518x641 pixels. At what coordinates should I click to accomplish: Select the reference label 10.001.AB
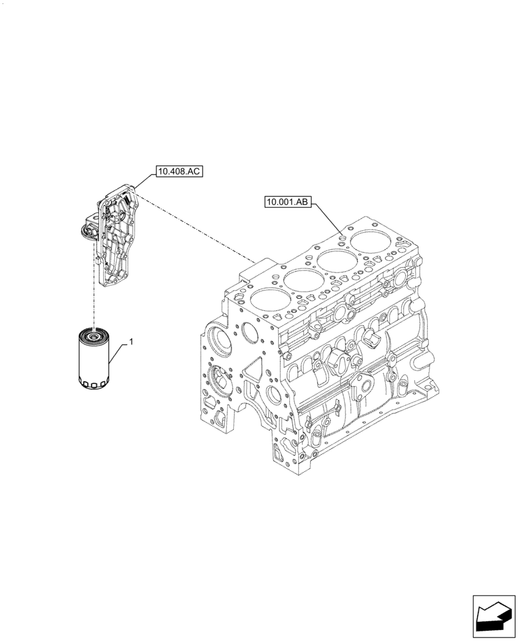point(287,203)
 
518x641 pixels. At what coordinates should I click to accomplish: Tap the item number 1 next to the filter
point(131,344)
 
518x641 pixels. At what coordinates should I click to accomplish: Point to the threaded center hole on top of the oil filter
point(94,334)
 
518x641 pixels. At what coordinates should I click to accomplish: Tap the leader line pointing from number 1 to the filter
point(119,353)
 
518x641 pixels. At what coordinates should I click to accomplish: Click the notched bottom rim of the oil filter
point(94,385)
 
